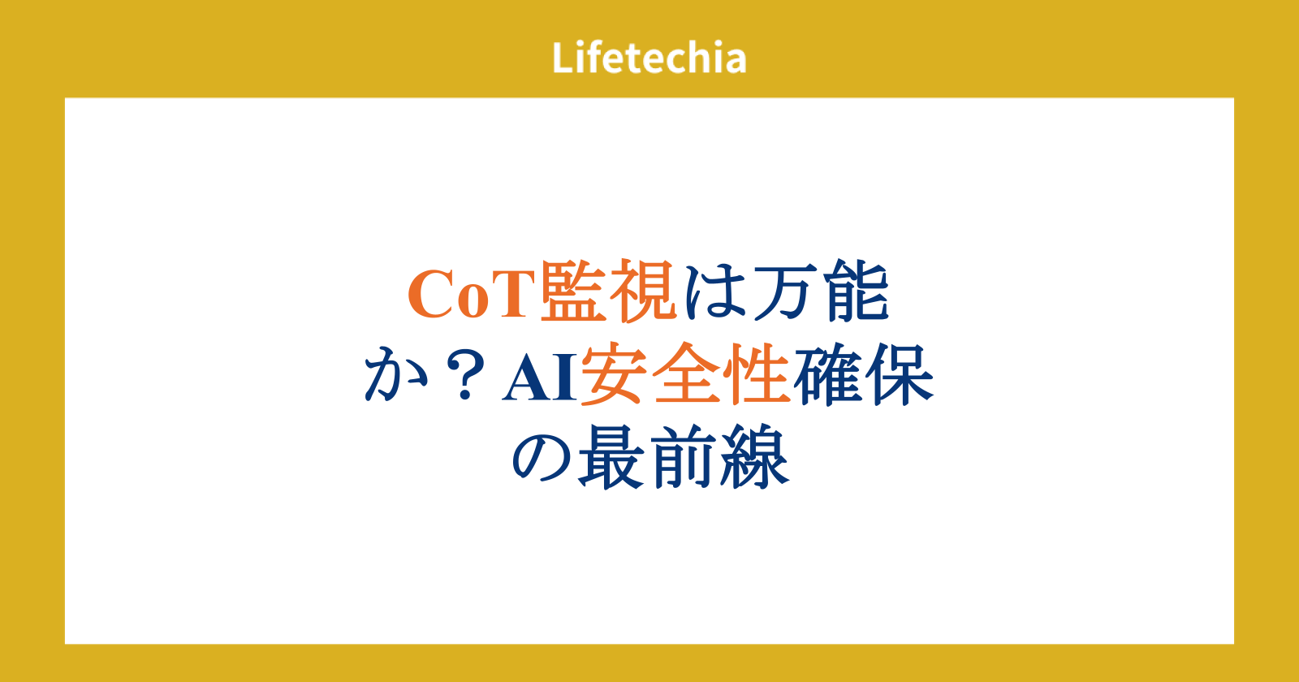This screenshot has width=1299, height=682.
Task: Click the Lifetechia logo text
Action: tap(649, 58)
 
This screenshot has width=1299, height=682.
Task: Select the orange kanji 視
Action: tap(643, 291)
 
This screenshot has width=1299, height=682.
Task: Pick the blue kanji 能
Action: tap(857, 291)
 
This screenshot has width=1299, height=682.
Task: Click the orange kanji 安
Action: tap(614, 373)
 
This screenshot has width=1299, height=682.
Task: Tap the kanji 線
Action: tap(755, 456)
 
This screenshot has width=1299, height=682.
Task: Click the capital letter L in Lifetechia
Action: tap(563, 58)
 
